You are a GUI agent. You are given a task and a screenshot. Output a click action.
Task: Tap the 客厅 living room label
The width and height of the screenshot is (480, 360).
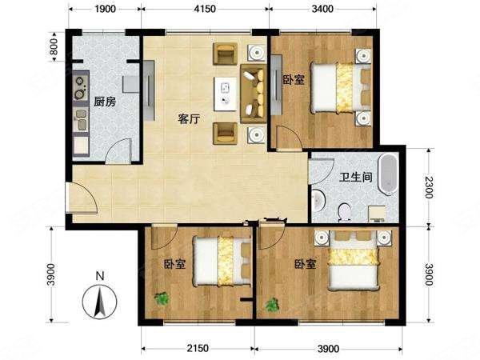pos(188,118)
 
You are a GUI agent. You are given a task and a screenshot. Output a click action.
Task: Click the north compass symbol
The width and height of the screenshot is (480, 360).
pos(99,302)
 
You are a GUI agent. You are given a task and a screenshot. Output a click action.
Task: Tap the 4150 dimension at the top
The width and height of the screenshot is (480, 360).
pos(206,10)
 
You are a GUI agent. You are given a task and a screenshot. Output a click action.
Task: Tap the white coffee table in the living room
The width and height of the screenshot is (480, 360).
pos(223,94)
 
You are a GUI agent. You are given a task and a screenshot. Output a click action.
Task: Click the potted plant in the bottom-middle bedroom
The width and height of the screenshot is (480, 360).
pos(162,298)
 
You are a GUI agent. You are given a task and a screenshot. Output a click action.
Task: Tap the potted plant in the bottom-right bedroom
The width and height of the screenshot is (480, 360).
pos(273,305)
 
